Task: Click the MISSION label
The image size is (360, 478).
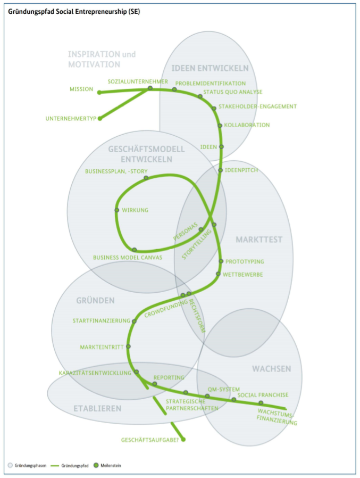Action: pos(81,89)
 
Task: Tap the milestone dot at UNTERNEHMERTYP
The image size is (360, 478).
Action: pos(99,119)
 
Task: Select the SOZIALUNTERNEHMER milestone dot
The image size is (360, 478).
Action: pos(150,88)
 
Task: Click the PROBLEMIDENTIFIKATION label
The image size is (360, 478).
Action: pos(211,83)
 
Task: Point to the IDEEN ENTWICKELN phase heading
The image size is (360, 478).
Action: pos(210,68)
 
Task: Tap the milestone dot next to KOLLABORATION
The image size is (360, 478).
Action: pos(220,126)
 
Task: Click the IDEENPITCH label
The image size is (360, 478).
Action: pos(241,170)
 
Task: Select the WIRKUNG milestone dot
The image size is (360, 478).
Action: pos(116,210)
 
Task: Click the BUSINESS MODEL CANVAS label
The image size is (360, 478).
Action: pos(128,258)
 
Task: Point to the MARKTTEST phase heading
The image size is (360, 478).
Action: pos(259,240)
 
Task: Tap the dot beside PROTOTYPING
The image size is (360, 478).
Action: pos(221,261)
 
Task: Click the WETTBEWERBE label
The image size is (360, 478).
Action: pos(242,274)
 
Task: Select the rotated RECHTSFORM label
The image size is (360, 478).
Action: pos(197,316)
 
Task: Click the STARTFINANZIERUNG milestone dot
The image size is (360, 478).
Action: pos(134,322)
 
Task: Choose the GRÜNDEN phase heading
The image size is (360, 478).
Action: pos(95,301)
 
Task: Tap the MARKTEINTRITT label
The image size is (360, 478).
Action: pos(102,347)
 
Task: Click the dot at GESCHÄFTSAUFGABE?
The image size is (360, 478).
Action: pos(183,440)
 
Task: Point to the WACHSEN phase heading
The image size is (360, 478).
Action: pos(271,369)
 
